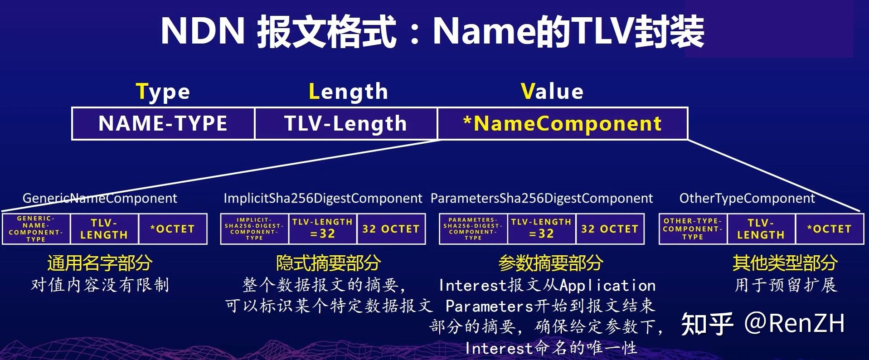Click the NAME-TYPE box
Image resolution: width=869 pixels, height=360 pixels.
pyautogui.click(x=163, y=123)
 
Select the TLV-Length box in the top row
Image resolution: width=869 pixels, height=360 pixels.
pyautogui.click(x=346, y=123)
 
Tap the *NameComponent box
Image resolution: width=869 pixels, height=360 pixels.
pyautogui.click(x=563, y=123)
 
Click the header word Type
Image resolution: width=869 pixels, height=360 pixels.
pyautogui.click(x=163, y=92)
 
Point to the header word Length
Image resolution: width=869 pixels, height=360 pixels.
pyautogui.click(x=348, y=92)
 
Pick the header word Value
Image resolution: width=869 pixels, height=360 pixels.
pyautogui.click(x=552, y=91)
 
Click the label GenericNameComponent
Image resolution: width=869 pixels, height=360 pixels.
pyautogui.click(x=100, y=198)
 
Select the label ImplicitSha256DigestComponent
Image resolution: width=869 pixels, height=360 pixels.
pyautogui.click(x=323, y=198)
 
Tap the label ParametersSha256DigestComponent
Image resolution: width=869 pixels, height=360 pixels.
pyautogui.click(x=542, y=198)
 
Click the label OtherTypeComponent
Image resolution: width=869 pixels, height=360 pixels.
pyautogui.click(x=747, y=198)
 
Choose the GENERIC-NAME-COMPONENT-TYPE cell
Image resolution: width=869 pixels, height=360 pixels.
pyautogui.click(x=36, y=229)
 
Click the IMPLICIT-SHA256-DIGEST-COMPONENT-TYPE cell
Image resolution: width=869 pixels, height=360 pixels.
pyautogui.click(x=254, y=229)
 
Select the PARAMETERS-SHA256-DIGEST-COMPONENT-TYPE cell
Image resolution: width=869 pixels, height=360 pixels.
pyautogui.click(x=473, y=229)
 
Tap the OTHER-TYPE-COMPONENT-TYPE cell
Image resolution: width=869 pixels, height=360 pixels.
pyautogui.click(x=693, y=229)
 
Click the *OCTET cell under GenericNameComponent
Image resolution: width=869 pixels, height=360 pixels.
pyautogui.click(x=173, y=229)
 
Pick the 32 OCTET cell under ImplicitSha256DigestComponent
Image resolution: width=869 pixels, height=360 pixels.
pyautogui.click(x=391, y=229)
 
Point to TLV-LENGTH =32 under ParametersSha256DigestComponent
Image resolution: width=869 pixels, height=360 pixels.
pyautogui.click(x=541, y=229)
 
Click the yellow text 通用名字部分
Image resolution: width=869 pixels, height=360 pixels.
pyautogui.click(x=100, y=263)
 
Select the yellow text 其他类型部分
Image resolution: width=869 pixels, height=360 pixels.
pyautogui.click(x=785, y=263)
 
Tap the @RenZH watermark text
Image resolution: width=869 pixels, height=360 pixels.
pyautogui.click(x=795, y=323)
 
